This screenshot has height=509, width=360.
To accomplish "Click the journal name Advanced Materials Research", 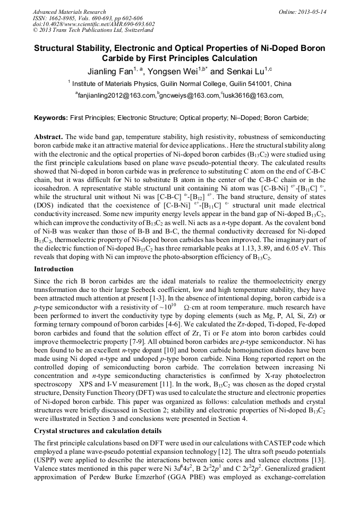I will coord(69,12).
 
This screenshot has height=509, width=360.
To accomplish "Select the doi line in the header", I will coord(93,24).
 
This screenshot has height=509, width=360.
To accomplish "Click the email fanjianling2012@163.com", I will coord(116,96).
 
